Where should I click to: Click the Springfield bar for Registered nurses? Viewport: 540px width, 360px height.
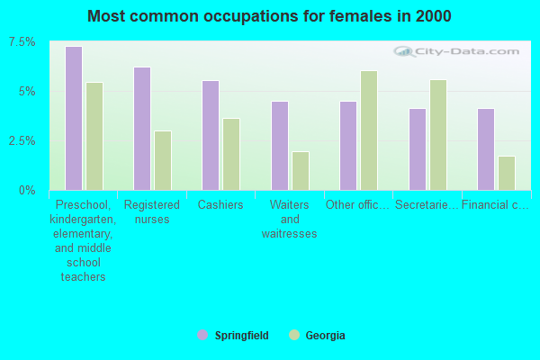(x=142, y=129)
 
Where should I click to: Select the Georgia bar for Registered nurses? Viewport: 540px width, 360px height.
(x=163, y=160)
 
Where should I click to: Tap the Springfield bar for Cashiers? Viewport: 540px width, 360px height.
(x=211, y=135)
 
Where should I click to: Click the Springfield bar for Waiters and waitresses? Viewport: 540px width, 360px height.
(x=280, y=146)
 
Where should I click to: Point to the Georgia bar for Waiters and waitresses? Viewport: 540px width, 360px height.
(x=301, y=171)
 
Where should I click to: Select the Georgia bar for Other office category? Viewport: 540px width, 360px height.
(x=369, y=130)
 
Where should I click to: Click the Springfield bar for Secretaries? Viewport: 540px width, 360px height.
(x=418, y=149)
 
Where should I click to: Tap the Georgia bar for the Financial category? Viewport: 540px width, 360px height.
(x=507, y=173)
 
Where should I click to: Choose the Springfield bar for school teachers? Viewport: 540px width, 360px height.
(x=74, y=118)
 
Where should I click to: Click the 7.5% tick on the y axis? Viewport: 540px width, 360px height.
(x=23, y=42)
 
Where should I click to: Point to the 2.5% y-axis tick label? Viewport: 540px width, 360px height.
(x=23, y=141)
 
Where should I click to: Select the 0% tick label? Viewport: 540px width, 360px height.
(x=28, y=191)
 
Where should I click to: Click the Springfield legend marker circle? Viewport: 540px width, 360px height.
(x=202, y=336)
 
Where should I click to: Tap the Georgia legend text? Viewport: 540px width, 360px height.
(x=325, y=336)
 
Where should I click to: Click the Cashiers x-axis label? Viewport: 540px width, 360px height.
(x=220, y=205)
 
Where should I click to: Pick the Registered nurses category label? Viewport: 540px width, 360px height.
(x=152, y=212)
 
